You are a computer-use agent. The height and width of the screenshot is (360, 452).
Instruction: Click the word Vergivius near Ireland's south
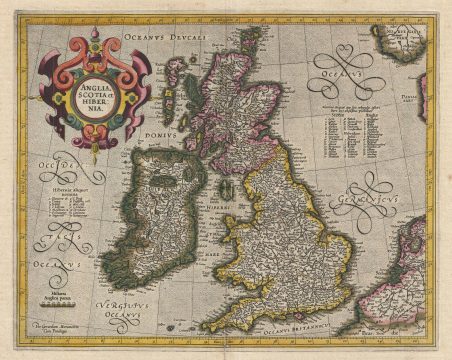click(x=124, y=301)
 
